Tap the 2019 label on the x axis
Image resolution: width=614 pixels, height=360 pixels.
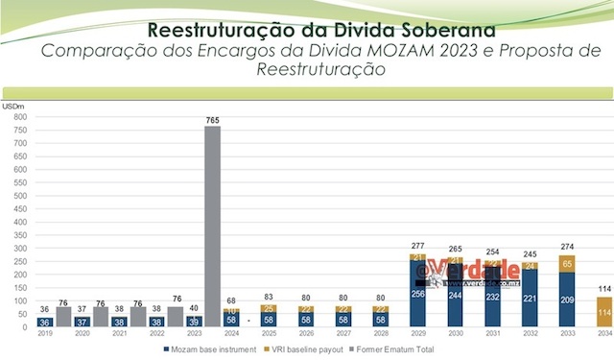click(x=44, y=335)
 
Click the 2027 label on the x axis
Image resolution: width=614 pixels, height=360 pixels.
click(x=342, y=335)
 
